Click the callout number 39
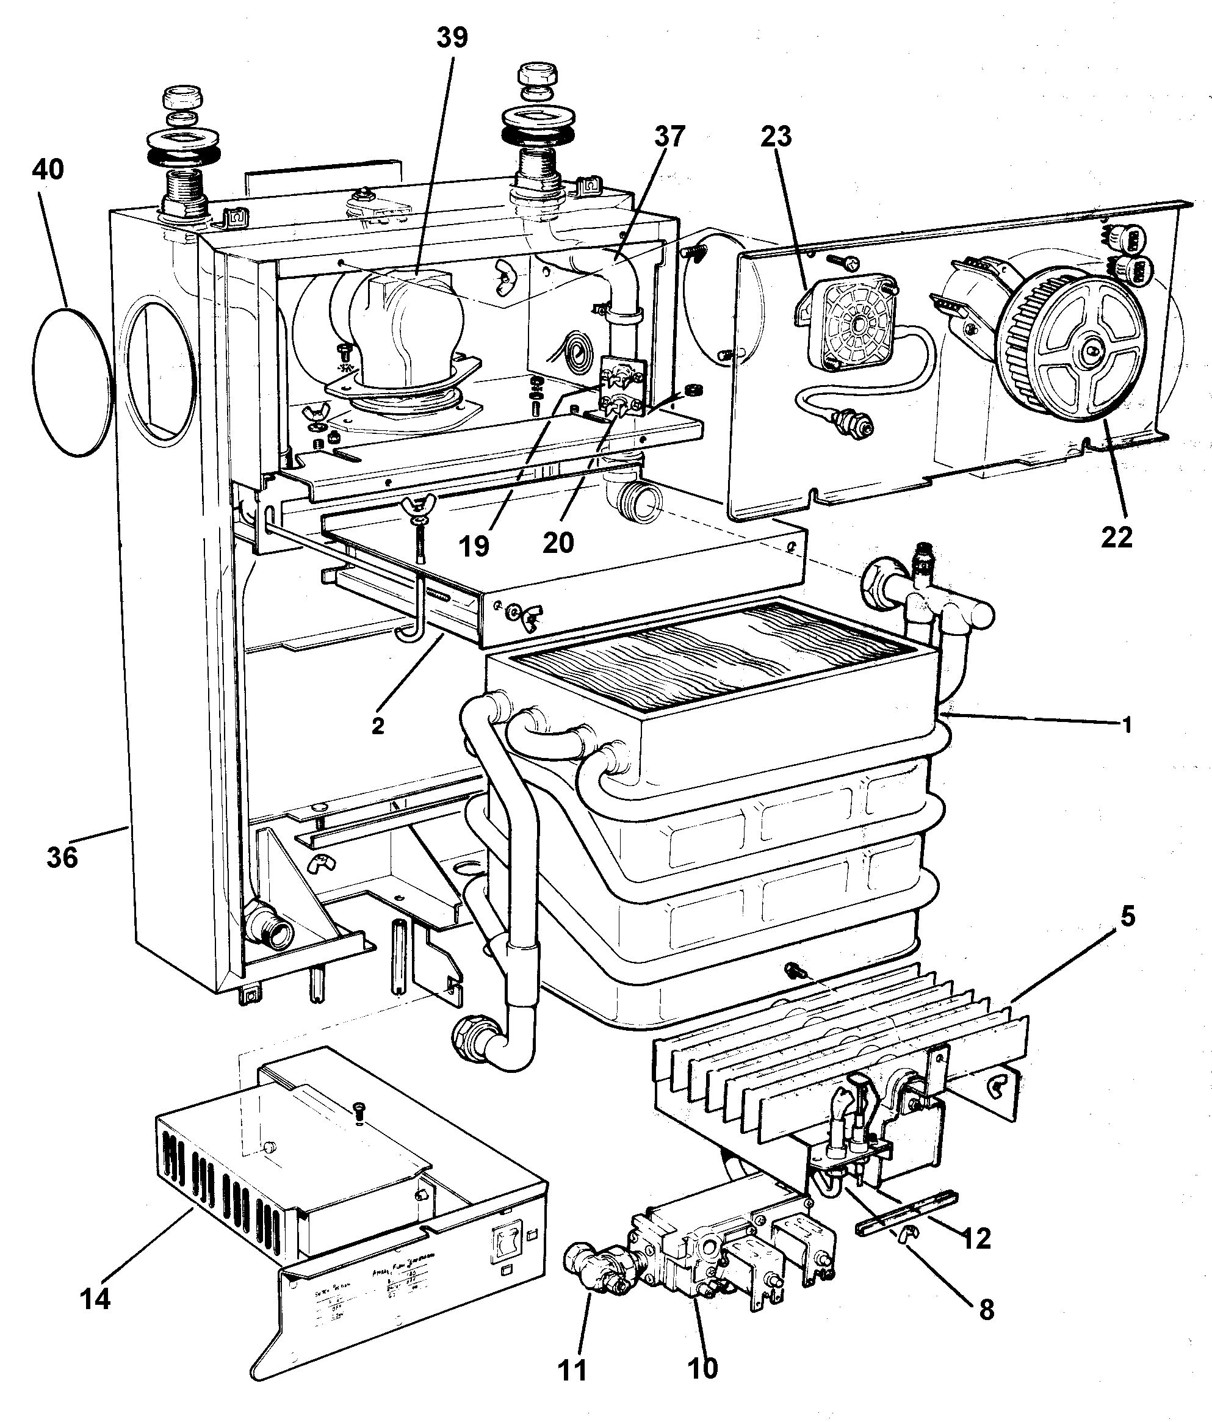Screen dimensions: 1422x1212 pyautogui.click(x=452, y=37)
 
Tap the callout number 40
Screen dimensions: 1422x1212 pyautogui.click(x=48, y=169)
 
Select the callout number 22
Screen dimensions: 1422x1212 pyautogui.click(x=1117, y=537)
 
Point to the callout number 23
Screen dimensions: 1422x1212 pyautogui.click(x=776, y=136)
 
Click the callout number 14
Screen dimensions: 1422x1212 pyautogui.click(x=95, y=1299)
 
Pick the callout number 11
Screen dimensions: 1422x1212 pyautogui.click(x=573, y=1371)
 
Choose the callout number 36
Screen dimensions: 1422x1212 pyautogui.click(x=62, y=857)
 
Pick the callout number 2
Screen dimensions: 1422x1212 pyautogui.click(x=378, y=726)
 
